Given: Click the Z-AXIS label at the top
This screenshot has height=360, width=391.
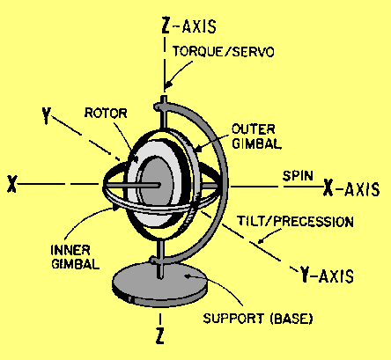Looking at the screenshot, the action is point(189,26).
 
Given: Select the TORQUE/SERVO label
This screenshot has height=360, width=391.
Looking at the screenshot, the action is point(224,52).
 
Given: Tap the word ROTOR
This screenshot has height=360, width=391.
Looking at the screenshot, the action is point(106,113).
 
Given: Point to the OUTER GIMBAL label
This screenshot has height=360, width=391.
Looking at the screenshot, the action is point(256,136).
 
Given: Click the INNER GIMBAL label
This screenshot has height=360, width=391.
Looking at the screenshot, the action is point(75,257).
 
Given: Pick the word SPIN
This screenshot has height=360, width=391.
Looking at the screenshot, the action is point(298,176).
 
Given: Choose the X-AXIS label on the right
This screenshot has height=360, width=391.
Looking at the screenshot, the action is point(351,188).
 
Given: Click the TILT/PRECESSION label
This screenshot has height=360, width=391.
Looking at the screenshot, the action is point(295,222).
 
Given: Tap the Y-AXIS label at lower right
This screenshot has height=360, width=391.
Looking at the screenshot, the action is point(326,276).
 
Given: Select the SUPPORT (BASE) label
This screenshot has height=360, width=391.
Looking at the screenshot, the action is point(258,319).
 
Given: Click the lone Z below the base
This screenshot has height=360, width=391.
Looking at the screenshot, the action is point(159,336).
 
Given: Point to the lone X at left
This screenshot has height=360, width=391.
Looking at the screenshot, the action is point(12,184).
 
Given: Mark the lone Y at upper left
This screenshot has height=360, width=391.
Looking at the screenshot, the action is point(46,115).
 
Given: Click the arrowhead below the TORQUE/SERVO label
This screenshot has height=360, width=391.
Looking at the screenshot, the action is point(166,85).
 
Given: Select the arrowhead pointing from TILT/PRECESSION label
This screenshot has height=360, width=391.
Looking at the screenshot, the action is point(261,240).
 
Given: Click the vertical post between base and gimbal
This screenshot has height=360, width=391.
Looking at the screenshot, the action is point(160,256).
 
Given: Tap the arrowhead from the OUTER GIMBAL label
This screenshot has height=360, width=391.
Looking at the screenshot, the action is point(198,149).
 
